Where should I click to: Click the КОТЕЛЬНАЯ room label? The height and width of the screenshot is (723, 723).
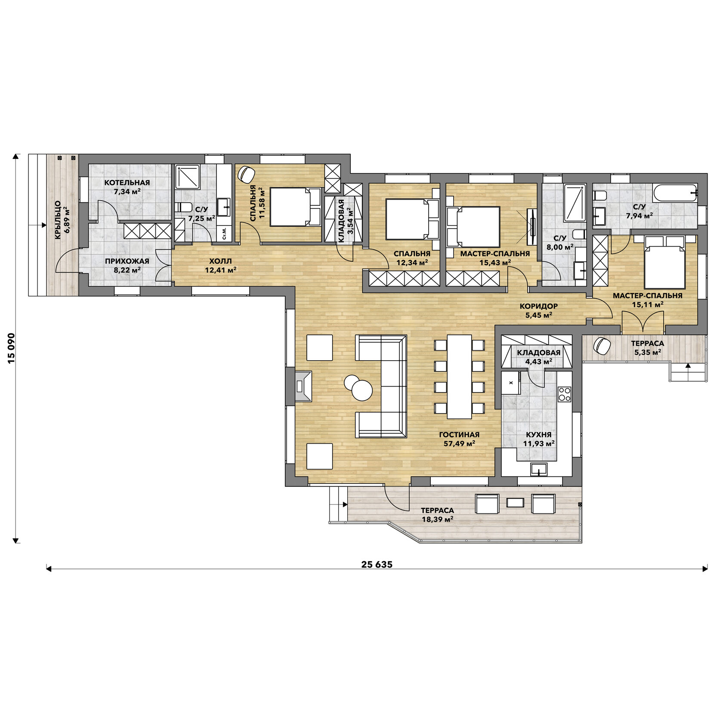(127, 182)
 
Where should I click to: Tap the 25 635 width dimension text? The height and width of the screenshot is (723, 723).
(377, 564)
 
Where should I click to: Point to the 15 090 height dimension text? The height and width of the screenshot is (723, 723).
(11, 348)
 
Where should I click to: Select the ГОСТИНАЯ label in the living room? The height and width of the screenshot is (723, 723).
(459, 435)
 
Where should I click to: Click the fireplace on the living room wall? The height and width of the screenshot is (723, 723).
(304, 386)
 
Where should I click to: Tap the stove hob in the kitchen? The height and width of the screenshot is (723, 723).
(564, 393)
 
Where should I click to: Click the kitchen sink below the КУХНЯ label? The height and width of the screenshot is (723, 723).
(539, 469)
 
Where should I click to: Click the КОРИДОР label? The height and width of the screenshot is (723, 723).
(538, 306)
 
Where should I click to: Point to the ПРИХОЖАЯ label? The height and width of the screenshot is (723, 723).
(127, 261)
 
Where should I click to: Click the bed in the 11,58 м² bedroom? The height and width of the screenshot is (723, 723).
(296, 207)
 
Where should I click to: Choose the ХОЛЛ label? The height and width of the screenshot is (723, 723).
(220, 261)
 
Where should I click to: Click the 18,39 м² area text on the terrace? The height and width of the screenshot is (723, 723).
(437, 519)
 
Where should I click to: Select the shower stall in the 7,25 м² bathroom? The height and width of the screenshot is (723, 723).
(188, 177)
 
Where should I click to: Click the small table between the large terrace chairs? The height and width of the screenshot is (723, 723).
(515, 503)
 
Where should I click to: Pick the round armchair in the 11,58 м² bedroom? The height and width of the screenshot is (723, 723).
(246, 174)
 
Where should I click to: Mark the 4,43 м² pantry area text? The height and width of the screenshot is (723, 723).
(539, 361)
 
